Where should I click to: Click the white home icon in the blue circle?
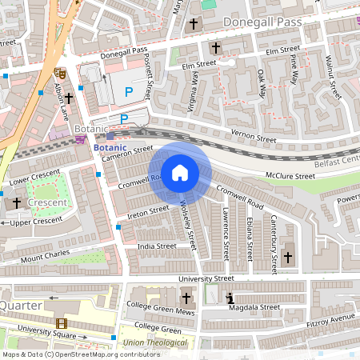pos(180,173)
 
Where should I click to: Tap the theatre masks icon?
pos(58,73)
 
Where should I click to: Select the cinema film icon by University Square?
pos(62,324)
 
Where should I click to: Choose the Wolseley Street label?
pos(190,222)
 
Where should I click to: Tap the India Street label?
pos(156,246)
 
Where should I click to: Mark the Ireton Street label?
pos(148,212)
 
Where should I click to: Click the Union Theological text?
pos(156,342)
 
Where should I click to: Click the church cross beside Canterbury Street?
pos(288,257)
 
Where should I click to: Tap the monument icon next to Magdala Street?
pos(229,297)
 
